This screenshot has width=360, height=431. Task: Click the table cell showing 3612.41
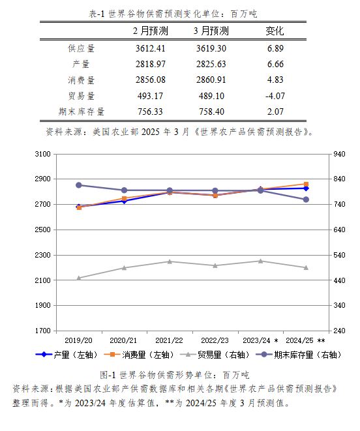150,48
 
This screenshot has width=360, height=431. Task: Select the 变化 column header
275,31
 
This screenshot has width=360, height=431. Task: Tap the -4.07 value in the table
275,96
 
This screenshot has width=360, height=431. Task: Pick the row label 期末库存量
82,111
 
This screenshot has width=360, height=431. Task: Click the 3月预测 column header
211,31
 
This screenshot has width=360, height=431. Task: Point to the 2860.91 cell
211,80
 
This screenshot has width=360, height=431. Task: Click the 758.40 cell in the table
211,111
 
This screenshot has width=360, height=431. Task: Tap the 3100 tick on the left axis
42,154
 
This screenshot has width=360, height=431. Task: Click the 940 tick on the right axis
339,154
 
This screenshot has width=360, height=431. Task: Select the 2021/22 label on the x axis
169,340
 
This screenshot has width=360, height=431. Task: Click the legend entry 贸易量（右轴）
215,355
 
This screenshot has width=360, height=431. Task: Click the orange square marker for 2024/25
306,184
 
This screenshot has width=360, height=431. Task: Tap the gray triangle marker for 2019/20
79,278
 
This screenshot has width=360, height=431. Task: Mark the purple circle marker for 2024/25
306,200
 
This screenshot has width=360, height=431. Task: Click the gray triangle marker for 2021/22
170,261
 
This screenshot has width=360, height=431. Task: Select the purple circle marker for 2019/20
79,185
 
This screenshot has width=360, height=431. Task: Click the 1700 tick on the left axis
42,331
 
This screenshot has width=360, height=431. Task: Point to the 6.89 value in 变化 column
275,48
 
